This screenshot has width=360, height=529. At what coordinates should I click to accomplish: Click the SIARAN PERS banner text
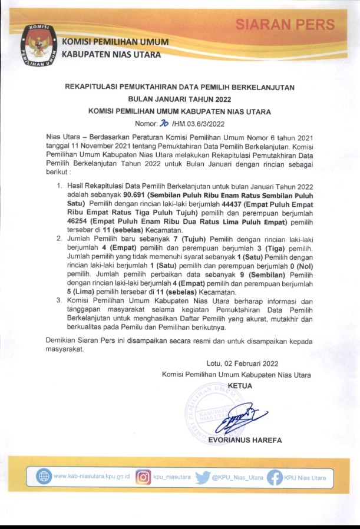tap(285, 25)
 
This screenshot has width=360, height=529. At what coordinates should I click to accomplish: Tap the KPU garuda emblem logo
tap(39, 44)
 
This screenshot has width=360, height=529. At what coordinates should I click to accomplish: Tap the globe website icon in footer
tap(44, 477)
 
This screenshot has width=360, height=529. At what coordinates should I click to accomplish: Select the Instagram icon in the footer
tap(143, 477)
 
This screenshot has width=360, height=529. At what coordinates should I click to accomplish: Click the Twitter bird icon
tap(202, 477)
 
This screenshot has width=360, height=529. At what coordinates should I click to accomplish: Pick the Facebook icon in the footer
tap(274, 477)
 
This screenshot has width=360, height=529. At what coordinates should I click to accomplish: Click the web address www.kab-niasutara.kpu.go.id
tap(92, 477)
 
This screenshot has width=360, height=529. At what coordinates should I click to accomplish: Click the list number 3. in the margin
tap(59, 300)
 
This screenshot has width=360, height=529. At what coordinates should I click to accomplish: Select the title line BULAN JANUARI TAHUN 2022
tap(180, 99)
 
